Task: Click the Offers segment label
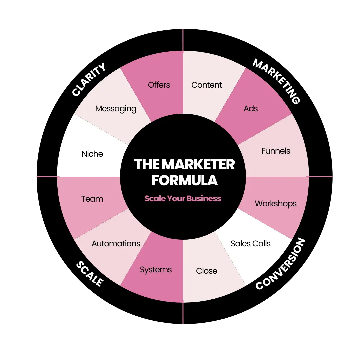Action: pos(159,85)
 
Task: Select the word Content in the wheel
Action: pos(207,85)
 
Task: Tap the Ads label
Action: pos(251,108)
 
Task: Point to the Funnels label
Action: pos(276,151)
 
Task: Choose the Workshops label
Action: pos(276,204)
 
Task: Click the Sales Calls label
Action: pos(251,244)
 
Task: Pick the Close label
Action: pos(207,271)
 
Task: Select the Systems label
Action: pos(156,270)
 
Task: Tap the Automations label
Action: pos(116,244)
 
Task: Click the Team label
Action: pos(92,199)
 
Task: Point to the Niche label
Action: pos(92,154)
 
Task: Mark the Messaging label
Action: pos(116,109)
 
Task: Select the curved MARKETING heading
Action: pos(276,81)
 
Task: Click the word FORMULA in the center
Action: pos(184,180)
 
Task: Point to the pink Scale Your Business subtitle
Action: pos(183,199)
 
